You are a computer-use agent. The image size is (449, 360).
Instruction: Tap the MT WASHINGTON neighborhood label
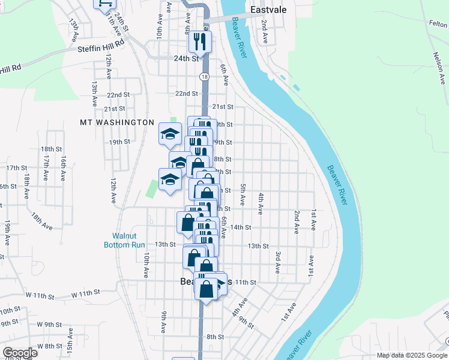pyautogui.click(x=117, y=122)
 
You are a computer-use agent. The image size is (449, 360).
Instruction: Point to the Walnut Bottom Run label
pyautogui.click(x=125, y=240)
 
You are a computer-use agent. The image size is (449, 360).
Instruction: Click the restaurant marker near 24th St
pyautogui.click(x=199, y=41)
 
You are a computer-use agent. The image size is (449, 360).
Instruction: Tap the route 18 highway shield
pyautogui.click(x=205, y=77)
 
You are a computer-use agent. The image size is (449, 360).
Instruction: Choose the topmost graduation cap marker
pyautogui.click(x=170, y=133)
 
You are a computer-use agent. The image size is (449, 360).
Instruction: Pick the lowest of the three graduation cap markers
pyautogui.click(x=170, y=179)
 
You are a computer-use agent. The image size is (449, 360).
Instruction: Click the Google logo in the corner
pyautogui.click(x=20, y=353)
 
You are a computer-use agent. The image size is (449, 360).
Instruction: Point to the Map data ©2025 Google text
pyautogui.click(x=412, y=355)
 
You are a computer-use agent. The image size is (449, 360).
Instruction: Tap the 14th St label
pyautogui.click(x=241, y=227)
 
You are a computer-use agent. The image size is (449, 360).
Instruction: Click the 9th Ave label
pyautogui.click(x=164, y=322)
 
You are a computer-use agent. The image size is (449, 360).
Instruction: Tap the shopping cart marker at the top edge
pyautogui.click(x=103, y=4)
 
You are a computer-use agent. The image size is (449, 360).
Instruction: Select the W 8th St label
pyautogui.click(x=50, y=346)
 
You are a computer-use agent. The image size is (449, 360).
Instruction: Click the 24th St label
pyautogui.click(x=186, y=59)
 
